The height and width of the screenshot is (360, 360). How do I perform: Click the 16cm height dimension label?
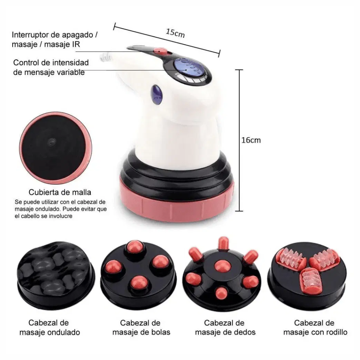coord(251,140)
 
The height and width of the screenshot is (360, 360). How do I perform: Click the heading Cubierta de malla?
coord(60,192)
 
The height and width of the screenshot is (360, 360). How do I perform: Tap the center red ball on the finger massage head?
coord(222,266)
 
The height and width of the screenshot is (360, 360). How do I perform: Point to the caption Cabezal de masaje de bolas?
coord(141,327)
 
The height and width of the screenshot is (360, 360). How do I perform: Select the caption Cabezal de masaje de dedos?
coord(225,327)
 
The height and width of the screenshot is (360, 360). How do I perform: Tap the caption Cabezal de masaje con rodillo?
coord(315,327)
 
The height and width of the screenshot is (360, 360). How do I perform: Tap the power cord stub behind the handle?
coord(105,57)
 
